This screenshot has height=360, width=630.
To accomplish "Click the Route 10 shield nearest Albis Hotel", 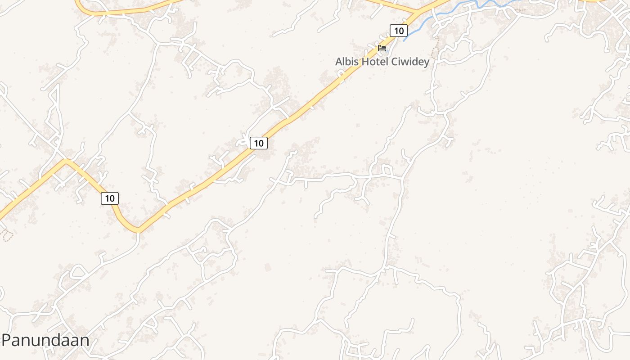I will point(398,31).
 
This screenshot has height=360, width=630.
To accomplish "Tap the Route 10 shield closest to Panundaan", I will point(110,198).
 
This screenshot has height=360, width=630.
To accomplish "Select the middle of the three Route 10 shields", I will point(259,143).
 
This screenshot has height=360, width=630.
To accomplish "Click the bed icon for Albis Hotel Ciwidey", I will point(382,48).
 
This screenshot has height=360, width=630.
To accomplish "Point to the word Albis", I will point(347,62).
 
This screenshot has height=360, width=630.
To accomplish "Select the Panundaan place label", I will point(45,340).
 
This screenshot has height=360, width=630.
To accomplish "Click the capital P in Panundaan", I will point(7,340).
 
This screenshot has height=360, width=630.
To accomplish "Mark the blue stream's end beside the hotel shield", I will point(405,40).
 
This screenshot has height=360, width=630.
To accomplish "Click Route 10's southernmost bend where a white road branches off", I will point(138,230).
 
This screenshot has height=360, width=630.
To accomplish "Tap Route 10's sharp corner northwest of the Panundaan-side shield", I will point(66,160).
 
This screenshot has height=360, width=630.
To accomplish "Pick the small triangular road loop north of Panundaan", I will point(79,271).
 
